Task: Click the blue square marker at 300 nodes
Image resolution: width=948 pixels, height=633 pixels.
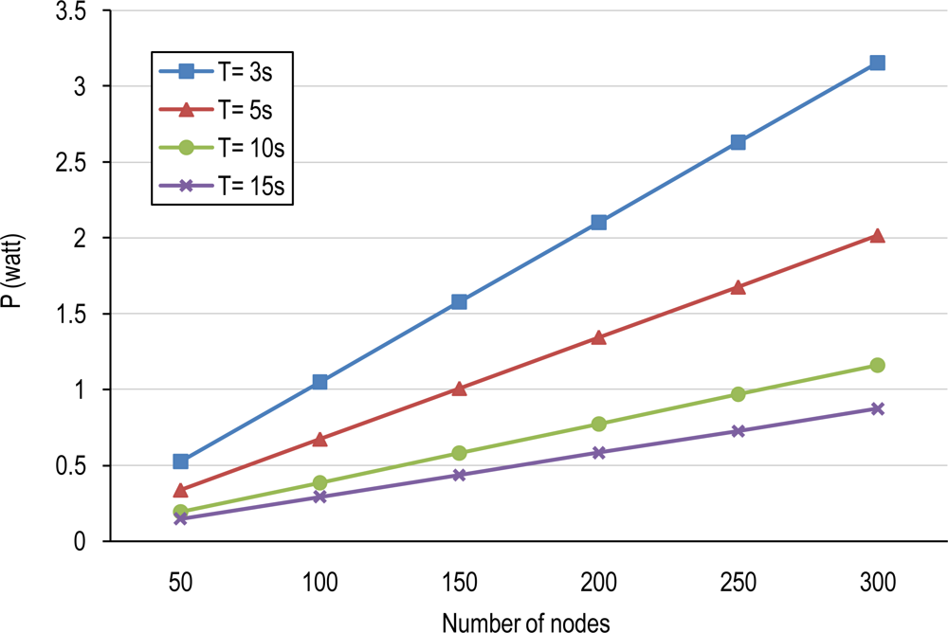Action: [x=877, y=63]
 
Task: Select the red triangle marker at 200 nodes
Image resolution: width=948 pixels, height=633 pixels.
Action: [x=598, y=336]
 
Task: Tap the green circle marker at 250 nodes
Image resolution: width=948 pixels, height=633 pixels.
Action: [x=738, y=394]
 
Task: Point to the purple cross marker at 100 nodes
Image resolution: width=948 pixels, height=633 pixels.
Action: [x=319, y=497]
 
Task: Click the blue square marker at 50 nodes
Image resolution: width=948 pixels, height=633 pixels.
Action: [x=180, y=461]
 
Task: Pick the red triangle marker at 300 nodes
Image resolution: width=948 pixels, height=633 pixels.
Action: [x=877, y=235]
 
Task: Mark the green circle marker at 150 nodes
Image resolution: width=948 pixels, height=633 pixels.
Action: [x=459, y=453]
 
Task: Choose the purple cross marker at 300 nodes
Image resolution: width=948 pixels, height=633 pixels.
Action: [x=877, y=408]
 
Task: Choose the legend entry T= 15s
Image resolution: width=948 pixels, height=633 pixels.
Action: [x=228, y=185]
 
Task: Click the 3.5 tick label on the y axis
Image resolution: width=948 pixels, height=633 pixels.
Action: [x=80, y=11]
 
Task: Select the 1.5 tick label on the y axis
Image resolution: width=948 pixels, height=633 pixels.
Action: [x=80, y=314]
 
